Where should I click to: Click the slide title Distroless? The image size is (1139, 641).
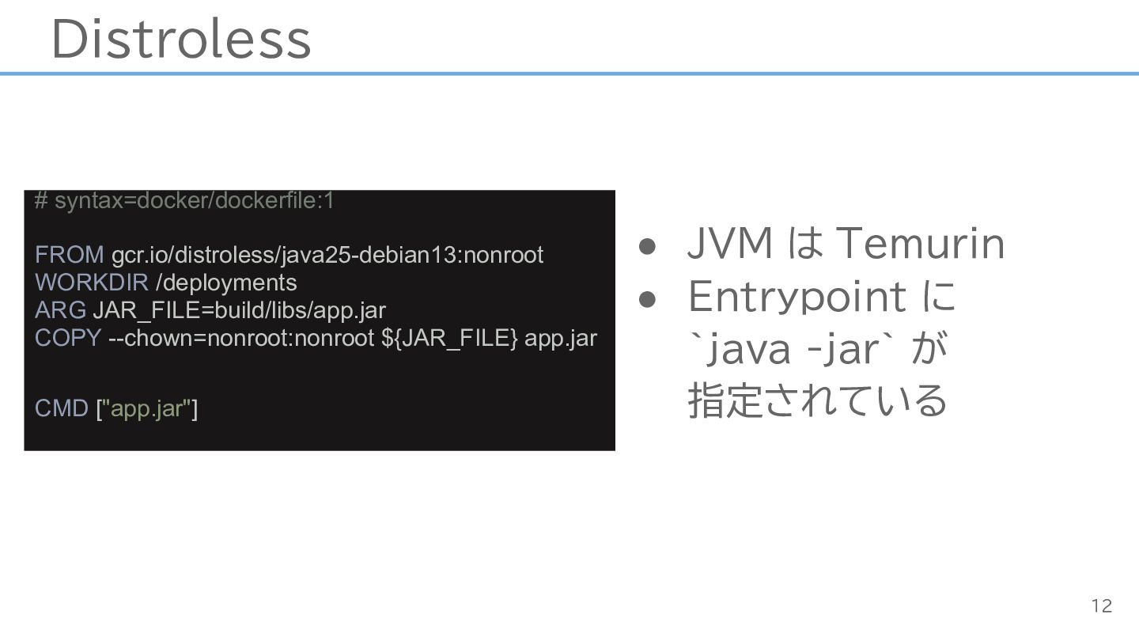(x=181, y=40)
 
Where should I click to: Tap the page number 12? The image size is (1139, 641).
(x=1102, y=606)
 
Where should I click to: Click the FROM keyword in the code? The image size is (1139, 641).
(x=69, y=255)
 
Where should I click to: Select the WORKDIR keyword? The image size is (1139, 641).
(x=92, y=283)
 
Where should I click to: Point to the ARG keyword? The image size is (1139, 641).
(x=60, y=310)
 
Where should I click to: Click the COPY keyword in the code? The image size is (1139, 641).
(x=68, y=339)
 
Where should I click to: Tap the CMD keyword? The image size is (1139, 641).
(x=62, y=408)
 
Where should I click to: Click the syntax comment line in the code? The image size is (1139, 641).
(x=184, y=201)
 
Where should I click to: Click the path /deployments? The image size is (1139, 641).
(x=226, y=283)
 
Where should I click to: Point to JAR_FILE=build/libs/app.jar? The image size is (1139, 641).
(x=240, y=311)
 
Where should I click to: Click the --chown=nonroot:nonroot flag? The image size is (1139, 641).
(x=241, y=339)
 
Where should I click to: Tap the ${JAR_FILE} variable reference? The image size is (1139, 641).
(x=449, y=339)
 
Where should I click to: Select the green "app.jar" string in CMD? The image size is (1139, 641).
(x=147, y=409)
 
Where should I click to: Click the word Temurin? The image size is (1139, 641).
(x=921, y=244)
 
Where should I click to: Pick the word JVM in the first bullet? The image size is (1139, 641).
(x=730, y=244)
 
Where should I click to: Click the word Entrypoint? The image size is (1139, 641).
(x=797, y=298)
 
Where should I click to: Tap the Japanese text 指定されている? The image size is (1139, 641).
(x=817, y=400)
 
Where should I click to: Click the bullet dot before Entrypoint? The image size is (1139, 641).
(x=647, y=299)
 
